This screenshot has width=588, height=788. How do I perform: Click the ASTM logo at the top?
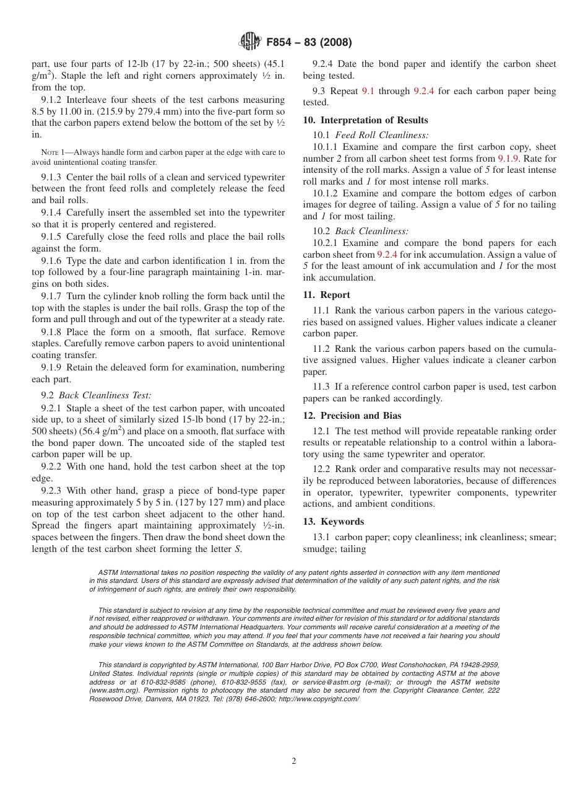click(x=249, y=42)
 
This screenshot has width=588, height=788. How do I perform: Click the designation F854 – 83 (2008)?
click(x=309, y=43)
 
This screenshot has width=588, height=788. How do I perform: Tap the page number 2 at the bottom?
click(x=294, y=761)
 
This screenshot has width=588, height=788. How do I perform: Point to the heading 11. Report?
click(x=326, y=295)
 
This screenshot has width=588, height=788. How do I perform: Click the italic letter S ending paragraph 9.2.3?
click(x=238, y=549)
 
